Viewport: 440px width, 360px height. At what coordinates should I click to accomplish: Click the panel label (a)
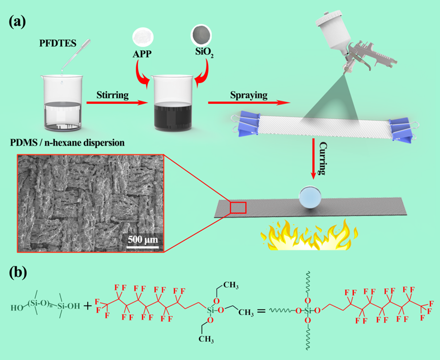[18, 22]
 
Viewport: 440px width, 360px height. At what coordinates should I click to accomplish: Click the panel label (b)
[18, 273]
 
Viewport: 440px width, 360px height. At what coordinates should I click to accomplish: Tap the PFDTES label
[57, 43]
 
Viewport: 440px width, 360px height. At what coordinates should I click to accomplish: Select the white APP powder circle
[143, 37]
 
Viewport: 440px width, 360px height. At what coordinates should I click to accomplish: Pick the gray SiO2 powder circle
[201, 35]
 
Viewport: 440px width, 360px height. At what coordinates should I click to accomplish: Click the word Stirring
[112, 95]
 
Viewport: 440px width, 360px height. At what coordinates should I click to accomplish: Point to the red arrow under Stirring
[117, 103]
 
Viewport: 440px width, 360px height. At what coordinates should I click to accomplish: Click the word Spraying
[248, 95]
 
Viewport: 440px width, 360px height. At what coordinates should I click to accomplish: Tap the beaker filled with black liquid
[172, 103]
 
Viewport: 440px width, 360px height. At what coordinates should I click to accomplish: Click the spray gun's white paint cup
[333, 31]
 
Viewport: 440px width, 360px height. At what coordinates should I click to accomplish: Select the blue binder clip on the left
[246, 124]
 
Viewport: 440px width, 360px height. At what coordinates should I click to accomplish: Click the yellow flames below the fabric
[309, 235]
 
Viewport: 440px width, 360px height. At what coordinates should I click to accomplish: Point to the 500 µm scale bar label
[143, 240]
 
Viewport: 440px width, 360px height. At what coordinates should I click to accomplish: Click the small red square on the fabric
[238, 208]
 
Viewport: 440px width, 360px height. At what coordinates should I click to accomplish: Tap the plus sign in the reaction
[88, 306]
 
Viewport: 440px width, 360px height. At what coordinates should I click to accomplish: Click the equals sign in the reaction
[261, 311]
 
